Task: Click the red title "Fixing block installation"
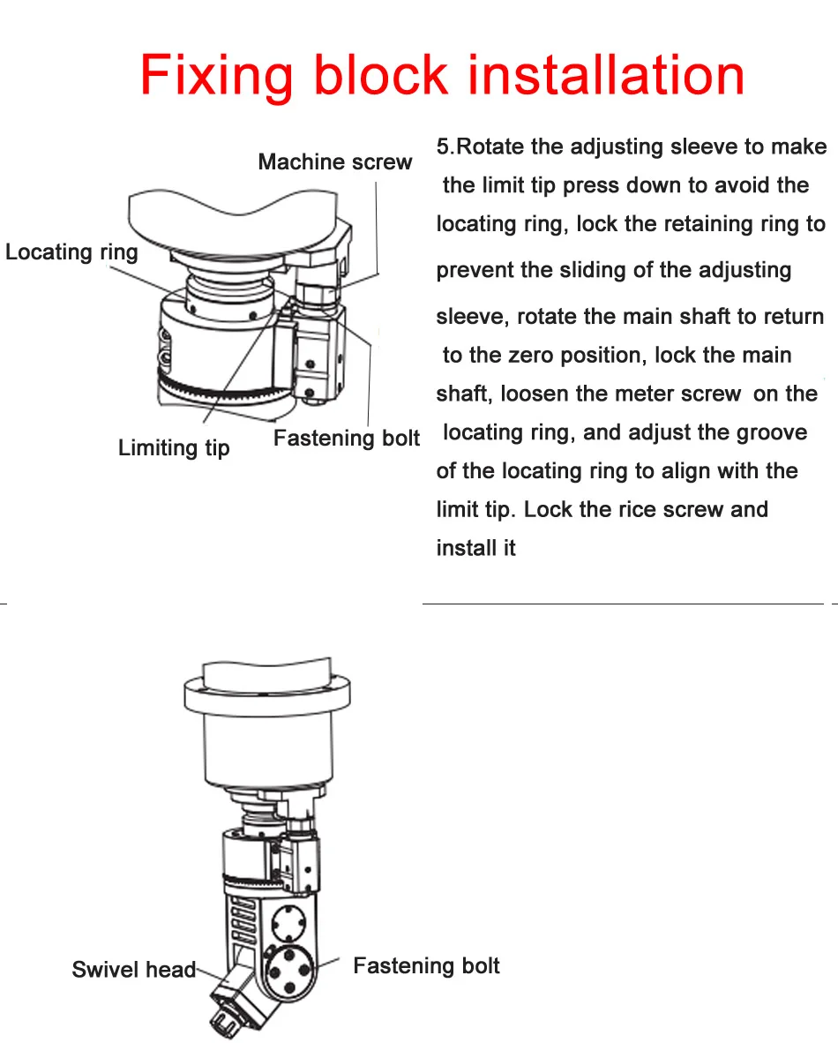click(x=442, y=76)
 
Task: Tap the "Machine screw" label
click(x=334, y=162)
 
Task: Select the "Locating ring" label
click(x=71, y=252)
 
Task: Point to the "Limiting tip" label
click(x=174, y=448)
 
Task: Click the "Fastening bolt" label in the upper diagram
click(x=346, y=439)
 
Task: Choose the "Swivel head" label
click(x=133, y=970)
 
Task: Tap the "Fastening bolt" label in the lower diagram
click(x=426, y=966)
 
